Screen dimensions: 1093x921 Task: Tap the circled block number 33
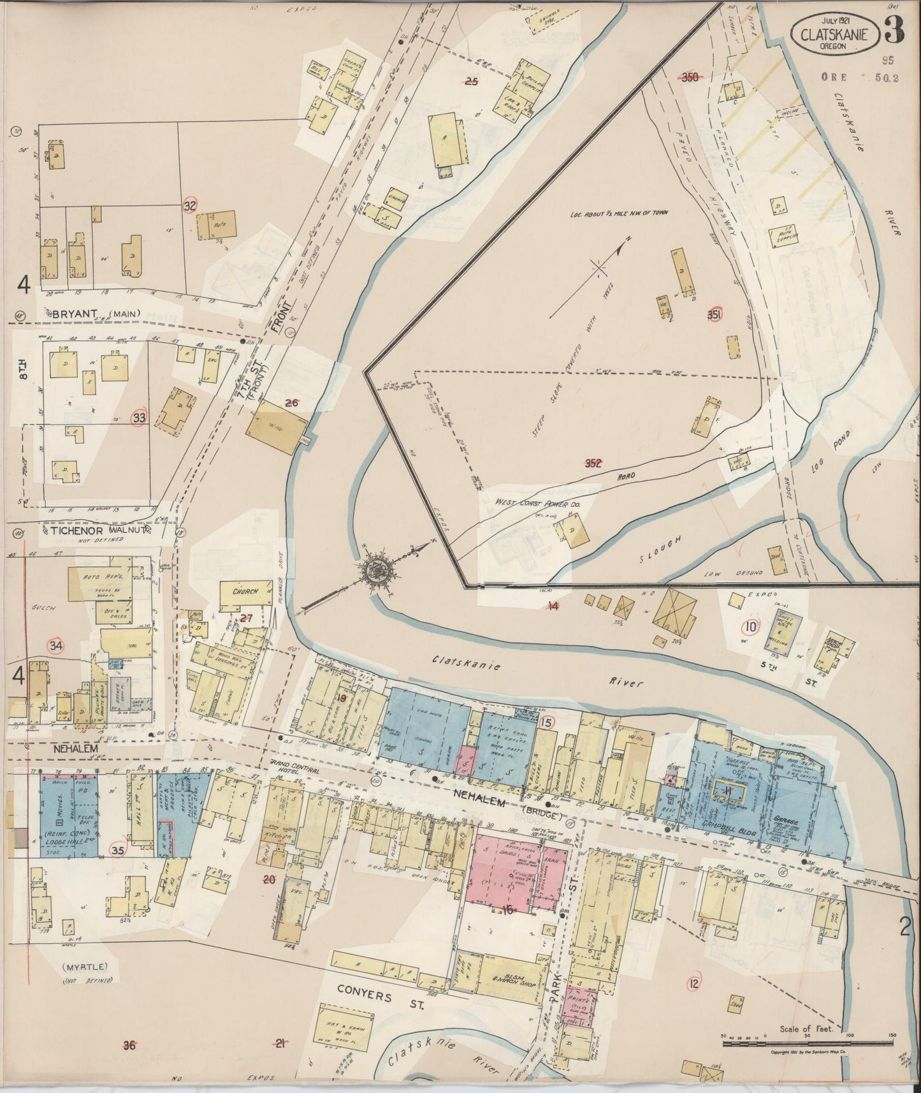pyautogui.click(x=139, y=418)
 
